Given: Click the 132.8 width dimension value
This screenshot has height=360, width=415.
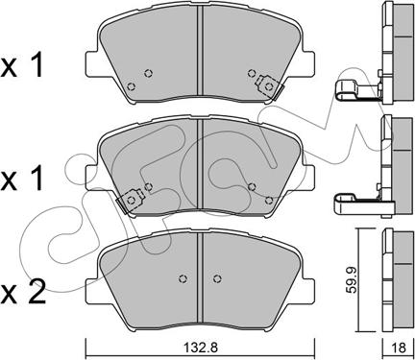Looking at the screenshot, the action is (201, 348).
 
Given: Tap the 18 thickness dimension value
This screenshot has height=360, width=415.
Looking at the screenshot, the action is (399, 348).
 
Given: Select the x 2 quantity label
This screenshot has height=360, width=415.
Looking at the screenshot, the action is (23, 292).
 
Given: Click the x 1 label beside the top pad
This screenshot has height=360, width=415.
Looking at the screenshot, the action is (22, 66).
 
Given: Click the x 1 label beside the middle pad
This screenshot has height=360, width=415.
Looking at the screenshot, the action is (22, 180).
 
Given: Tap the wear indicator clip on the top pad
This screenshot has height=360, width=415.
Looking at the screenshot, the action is (269, 86).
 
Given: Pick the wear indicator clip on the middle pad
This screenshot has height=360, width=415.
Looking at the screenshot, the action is (130, 201).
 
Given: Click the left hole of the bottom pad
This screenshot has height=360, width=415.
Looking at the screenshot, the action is (183, 278).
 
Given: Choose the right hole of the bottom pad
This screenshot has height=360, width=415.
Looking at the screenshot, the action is (217, 278).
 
